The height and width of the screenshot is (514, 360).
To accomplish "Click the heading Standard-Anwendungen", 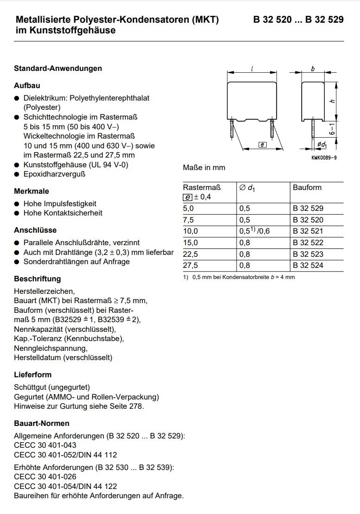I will click(x=58, y=68).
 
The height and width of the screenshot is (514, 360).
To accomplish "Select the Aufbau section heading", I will click(x=27, y=86).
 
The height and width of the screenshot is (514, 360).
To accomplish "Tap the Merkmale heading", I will click(x=32, y=191).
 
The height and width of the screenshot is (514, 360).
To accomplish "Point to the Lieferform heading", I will click(x=33, y=374).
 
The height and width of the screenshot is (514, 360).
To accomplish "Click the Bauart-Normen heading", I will click(x=42, y=424).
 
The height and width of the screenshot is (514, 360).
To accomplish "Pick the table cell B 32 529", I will click(x=308, y=209).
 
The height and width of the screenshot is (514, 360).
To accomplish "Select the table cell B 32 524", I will click(x=308, y=266).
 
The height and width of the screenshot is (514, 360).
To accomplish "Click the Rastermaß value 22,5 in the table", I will click(x=190, y=254).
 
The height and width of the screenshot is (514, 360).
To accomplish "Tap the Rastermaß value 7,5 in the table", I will click(x=188, y=220).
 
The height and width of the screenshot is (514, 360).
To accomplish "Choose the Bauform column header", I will click(x=307, y=187).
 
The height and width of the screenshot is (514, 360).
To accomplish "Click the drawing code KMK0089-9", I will click(x=324, y=158).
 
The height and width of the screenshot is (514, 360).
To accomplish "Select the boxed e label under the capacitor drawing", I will click(x=262, y=145).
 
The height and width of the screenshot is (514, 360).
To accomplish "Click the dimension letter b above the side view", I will click(x=313, y=69).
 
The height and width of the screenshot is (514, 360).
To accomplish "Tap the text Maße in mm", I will click(x=204, y=167).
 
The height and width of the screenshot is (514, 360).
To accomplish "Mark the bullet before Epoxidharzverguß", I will click(x=17, y=174).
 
